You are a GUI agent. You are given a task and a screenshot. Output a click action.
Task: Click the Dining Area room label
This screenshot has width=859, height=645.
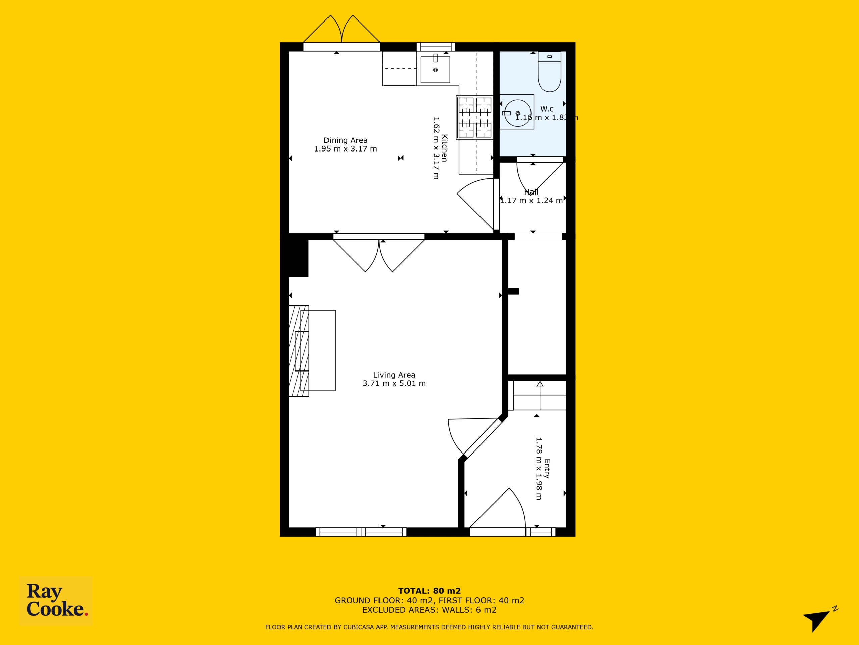[x=346, y=140]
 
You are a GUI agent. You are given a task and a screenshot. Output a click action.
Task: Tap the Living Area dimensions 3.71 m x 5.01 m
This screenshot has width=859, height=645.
[x=394, y=383]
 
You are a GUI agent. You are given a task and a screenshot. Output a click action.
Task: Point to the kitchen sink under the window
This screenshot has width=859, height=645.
[x=435, y=69]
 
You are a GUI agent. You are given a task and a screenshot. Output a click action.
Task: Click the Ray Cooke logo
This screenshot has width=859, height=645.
[x=56, y=601]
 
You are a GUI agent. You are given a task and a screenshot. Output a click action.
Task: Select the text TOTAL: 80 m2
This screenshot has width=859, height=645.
[x=429, y=591]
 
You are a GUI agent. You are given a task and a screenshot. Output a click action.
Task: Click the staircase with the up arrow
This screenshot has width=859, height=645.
[x=540, y=395]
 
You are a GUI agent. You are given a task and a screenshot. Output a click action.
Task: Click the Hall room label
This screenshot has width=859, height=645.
[x=531, y=192]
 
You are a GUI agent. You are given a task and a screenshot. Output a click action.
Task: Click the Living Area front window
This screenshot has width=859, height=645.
[x=361, y=532]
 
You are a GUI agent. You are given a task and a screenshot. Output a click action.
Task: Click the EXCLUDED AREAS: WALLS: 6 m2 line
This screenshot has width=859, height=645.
[x=429, y=610]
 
